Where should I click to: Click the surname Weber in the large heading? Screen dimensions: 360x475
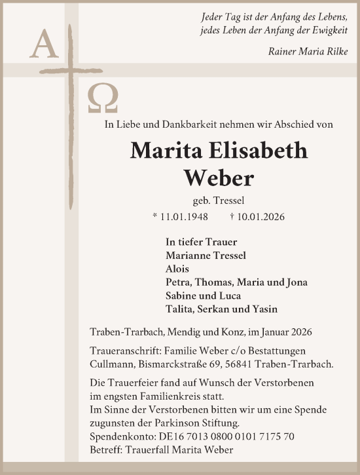click(219, 177)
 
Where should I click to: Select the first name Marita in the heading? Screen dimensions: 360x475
click(163, 151)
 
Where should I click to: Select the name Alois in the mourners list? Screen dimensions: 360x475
click(177, 269)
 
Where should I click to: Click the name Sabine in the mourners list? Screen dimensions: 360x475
click(183, 295)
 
